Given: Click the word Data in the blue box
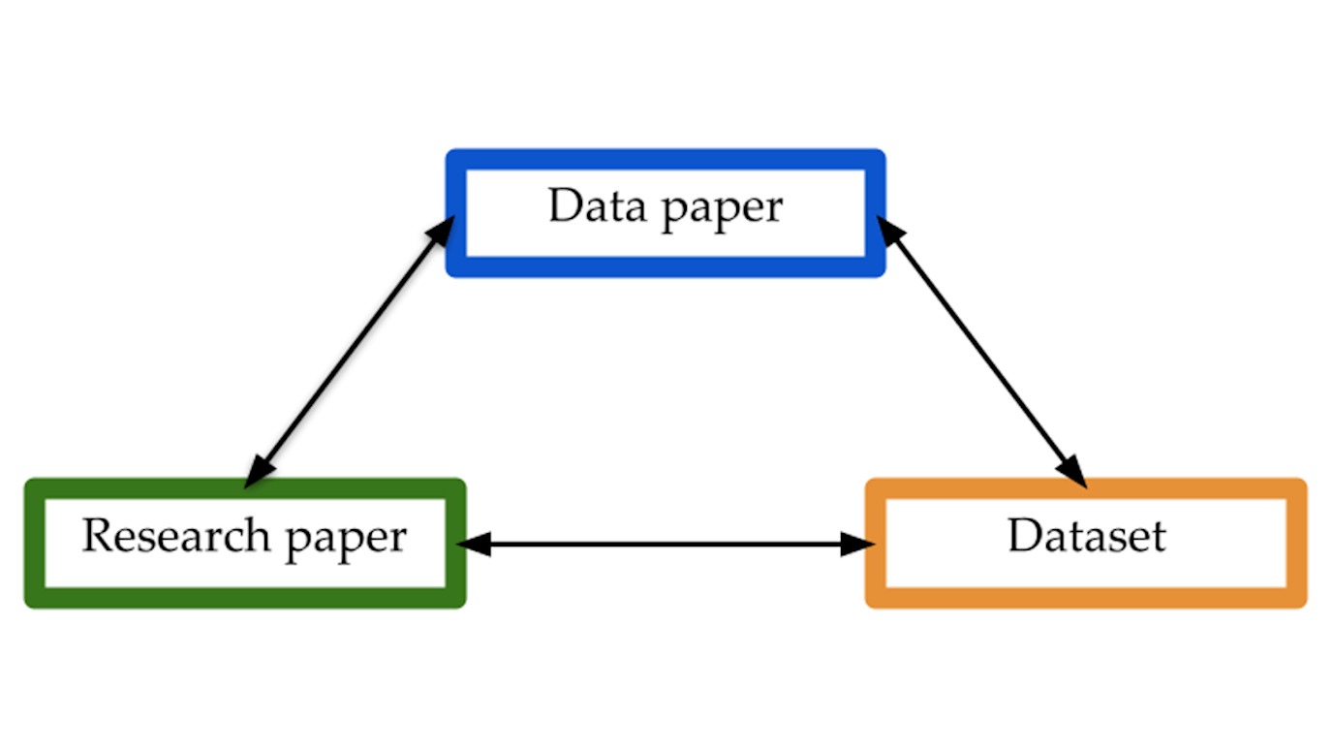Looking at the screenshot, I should [x=590, y=206].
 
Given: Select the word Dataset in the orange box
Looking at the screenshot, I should [x=1086, y=536].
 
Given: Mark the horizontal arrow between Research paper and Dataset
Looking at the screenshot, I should [x=666, y=545].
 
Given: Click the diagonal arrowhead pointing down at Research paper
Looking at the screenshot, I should [x=258, y=473].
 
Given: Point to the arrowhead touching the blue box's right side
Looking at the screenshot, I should [x=889, y=230].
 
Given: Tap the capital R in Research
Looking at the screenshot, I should [x=95, y=536].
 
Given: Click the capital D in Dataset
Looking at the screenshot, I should [x=1023, y=536].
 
